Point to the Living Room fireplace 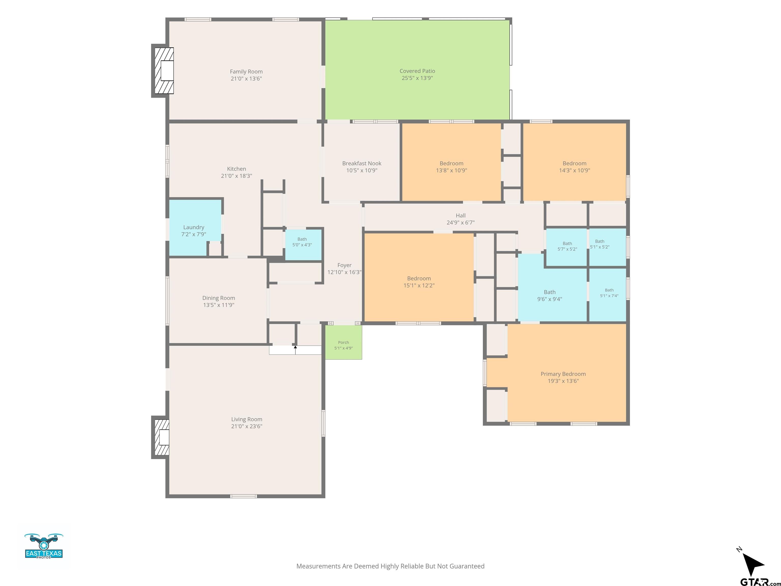tap(161, 437)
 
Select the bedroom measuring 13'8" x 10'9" tap(452, 162)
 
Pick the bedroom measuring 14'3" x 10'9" tap(575, 162)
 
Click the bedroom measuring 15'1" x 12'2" tap(419, 277)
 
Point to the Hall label tap(460, 215)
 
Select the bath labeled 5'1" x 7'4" tap(608, 295)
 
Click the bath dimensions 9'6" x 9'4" tap(549, 299)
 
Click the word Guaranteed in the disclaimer tap(467, 566)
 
